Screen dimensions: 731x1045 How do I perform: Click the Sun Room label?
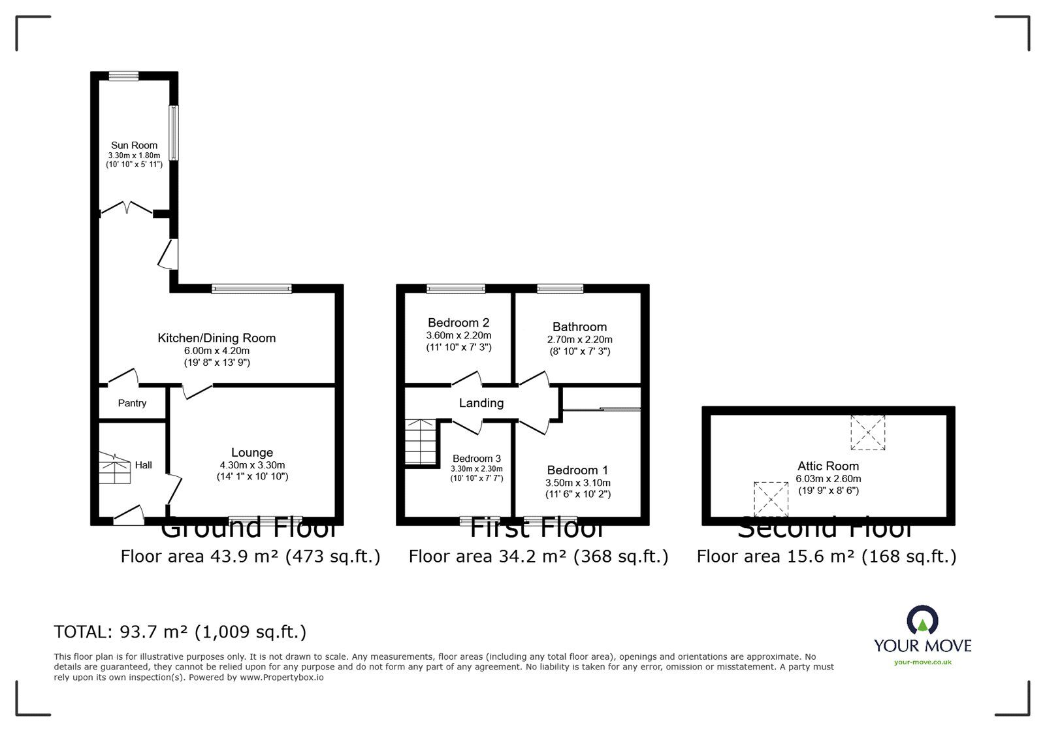[x=134, y=145]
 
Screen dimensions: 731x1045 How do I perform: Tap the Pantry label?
[x=132, y=403]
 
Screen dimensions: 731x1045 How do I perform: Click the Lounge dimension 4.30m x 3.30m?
[x=252, y=465]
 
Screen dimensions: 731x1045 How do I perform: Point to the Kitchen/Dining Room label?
[x=216, y=338]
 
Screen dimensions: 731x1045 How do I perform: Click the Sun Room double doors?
[x=127, y=208]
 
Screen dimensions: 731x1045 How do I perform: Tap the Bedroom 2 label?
[x=458, y=322]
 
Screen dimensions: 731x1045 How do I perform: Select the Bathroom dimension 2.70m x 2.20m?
[x=579, y=340]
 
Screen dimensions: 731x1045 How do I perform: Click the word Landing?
[x=481, y=403]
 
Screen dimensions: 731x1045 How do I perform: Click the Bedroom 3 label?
[x=477, y=458]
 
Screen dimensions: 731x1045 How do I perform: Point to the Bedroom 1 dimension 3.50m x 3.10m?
[x=577, y=483]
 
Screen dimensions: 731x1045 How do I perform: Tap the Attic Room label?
[x=828, y=466]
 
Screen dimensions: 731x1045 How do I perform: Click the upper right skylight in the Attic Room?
[x=867, y=432]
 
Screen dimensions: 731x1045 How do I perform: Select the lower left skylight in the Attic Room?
[x=771, y=498]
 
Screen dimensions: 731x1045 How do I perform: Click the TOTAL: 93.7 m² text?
[x=180, y=632]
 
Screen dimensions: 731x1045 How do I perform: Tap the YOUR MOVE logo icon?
[x=922, y=621]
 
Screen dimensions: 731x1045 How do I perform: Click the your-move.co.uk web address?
[x=923, y=662]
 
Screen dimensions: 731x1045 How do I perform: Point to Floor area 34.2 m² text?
[x=538, y=556]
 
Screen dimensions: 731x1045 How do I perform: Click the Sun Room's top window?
[x=123, y=76]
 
